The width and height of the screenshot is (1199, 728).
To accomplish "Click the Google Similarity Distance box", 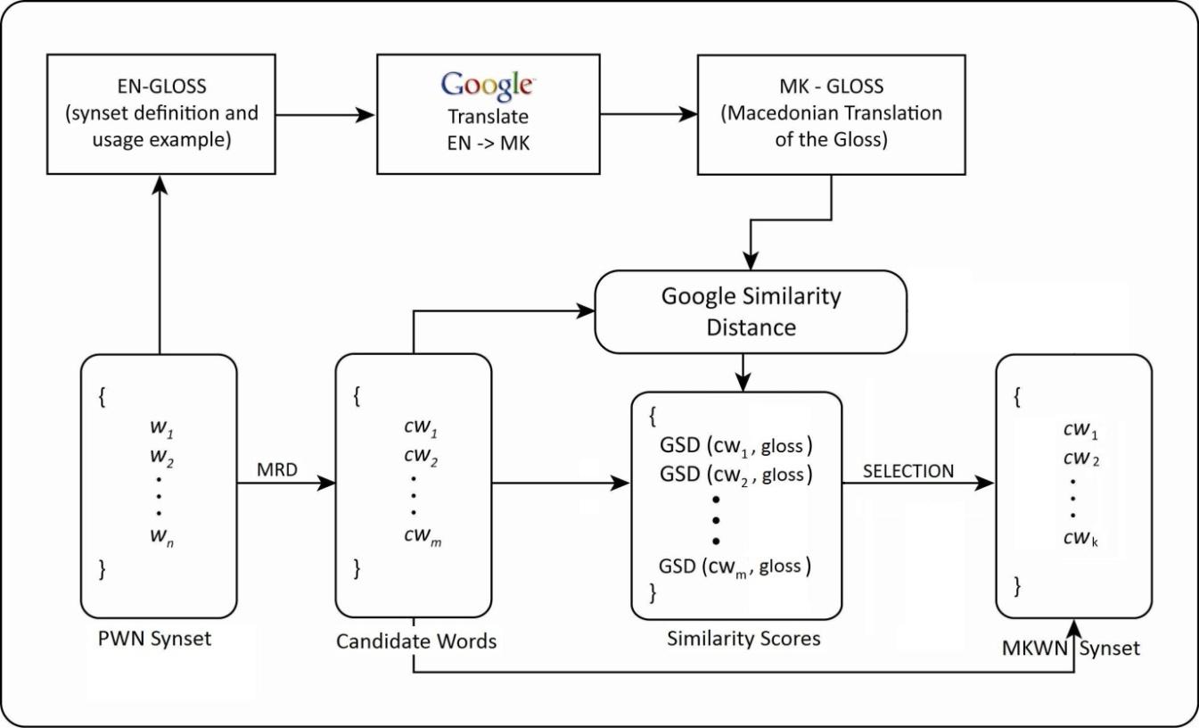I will [x=750, y=311].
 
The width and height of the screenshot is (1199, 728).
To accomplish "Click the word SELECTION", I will [x=907, y=470].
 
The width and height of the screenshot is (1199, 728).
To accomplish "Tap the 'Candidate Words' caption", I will [x=416, y=641].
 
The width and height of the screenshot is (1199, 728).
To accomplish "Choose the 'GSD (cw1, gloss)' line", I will [x=736, y=445].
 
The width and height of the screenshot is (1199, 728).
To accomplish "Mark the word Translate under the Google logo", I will [x=487, y=117].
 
